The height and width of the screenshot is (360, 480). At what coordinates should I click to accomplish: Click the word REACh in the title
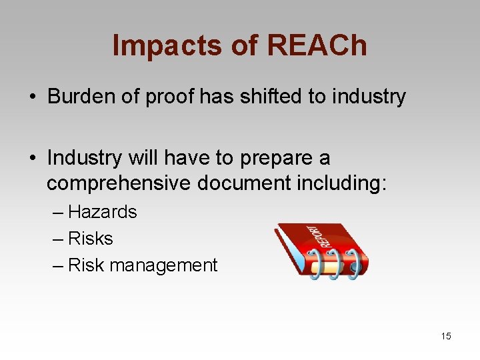[x=317, y=46]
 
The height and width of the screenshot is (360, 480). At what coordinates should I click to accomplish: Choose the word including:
[x=340, y=183]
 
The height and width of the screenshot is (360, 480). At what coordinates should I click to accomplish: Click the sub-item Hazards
[x=102, y=212]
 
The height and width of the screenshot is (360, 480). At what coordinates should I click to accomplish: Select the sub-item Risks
[x=91, y=239]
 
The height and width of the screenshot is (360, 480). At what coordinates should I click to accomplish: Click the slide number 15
[x=446, y=336]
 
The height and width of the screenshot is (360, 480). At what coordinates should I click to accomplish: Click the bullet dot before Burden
[x=32, y=97]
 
